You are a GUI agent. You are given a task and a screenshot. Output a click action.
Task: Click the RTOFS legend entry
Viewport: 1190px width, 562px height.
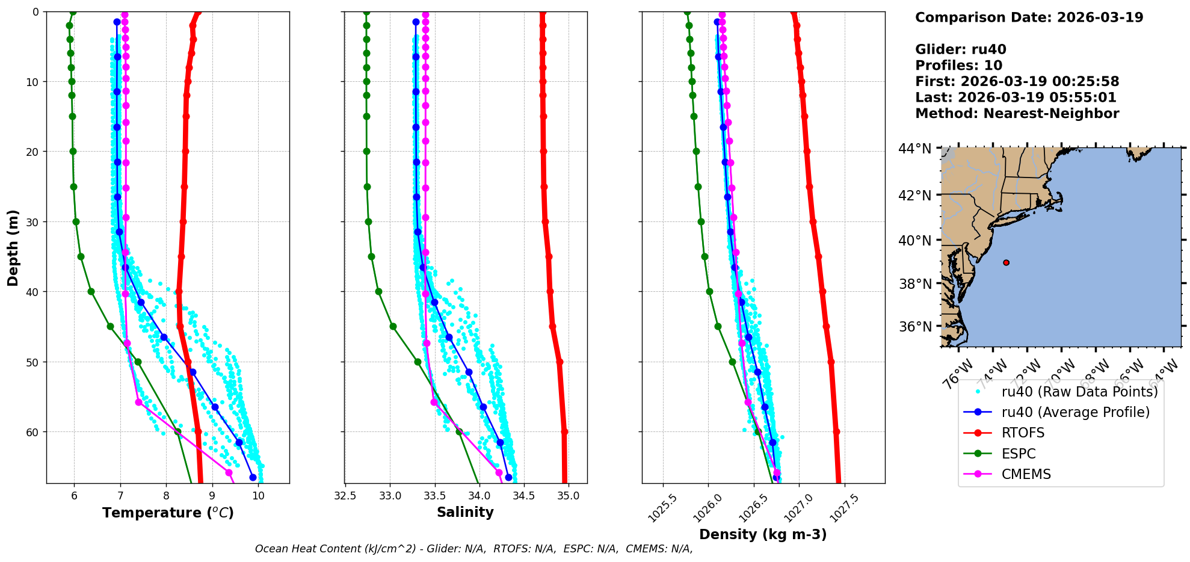(1023, 433)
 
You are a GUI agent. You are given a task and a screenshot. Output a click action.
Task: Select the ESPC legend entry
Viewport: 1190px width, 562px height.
(1019, 454)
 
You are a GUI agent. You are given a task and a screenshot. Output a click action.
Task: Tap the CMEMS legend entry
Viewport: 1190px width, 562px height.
(1026, 474)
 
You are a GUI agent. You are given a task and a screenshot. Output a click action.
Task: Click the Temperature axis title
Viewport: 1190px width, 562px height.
(168, 513)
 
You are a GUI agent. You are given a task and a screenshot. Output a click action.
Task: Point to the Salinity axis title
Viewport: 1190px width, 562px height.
(465, 513)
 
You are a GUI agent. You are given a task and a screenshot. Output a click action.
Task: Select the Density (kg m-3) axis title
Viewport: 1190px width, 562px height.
(763, 534)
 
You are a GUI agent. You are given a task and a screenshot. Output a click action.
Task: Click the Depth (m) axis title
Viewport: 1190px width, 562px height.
(13, 247)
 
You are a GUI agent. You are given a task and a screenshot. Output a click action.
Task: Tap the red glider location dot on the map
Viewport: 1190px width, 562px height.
(1006, 262)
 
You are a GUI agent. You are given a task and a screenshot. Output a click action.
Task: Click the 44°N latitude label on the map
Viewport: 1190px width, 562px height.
(914, 149)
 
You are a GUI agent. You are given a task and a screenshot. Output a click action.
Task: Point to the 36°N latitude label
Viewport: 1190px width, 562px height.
(914, 327)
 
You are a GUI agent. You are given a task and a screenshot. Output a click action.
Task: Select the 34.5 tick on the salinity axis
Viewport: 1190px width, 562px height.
(523, 496)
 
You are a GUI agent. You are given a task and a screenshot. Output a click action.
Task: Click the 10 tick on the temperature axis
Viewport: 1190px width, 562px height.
(258, 496)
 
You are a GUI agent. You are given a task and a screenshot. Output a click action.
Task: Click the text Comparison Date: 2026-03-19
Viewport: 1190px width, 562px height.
(1029, 17)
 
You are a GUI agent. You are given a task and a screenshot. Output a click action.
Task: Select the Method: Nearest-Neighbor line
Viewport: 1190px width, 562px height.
(1017, 114)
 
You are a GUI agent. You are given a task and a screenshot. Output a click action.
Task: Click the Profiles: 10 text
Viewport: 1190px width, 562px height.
(958, 66)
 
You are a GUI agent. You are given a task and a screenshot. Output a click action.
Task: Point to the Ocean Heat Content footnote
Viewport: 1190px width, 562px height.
(473, 549)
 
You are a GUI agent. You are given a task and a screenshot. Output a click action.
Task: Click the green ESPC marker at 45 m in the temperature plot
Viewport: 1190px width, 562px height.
(110, 327)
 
